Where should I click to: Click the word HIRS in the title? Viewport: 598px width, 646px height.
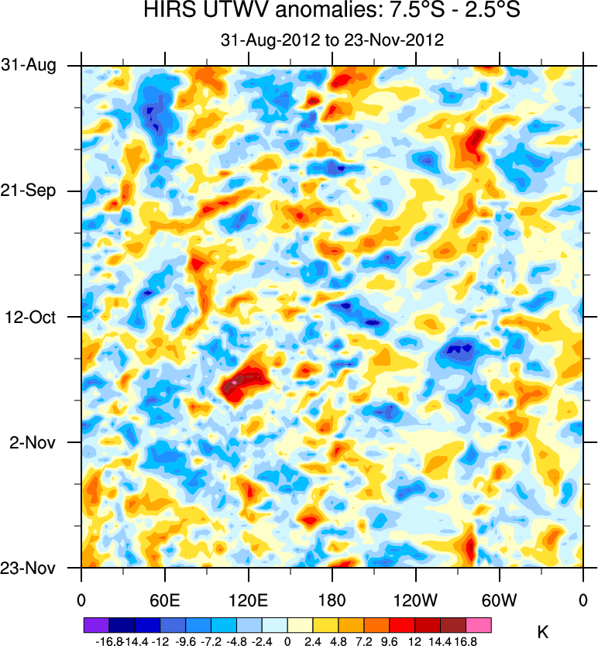(167, 12)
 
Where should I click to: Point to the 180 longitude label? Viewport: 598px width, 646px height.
(332, 600)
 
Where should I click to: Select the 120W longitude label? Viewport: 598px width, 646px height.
(416, 600)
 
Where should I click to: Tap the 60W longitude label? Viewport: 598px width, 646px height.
(500, 600)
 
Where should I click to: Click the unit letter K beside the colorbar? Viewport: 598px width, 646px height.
(542, 633)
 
